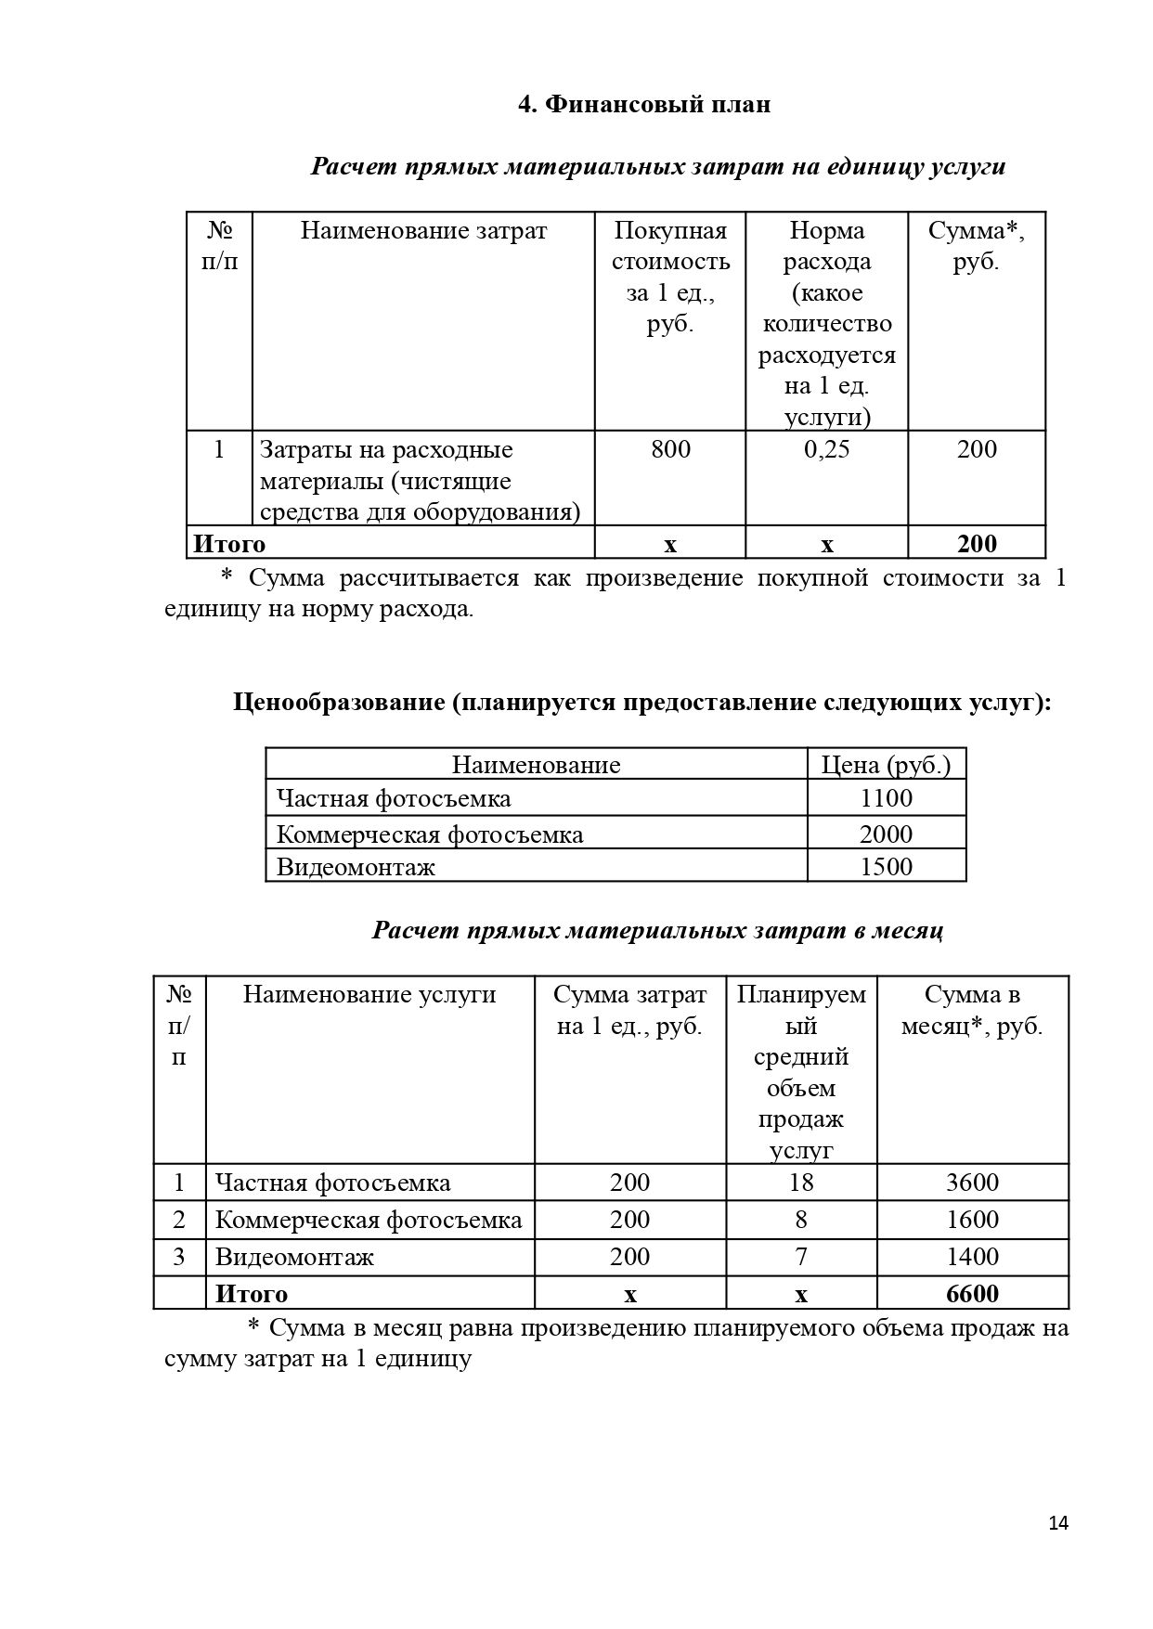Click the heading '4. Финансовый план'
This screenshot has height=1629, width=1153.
(x=643, y=104)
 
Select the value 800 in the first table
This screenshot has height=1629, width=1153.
(x=670, y=450)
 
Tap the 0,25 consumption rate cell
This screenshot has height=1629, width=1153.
(x=826, y=450)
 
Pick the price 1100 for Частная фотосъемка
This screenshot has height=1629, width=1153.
(x=886, y=798)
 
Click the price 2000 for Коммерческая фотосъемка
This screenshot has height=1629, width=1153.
(x=886, y=834)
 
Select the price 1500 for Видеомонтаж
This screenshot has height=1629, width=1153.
(x=886, y=867)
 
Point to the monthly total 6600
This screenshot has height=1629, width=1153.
(x=972, y=1294)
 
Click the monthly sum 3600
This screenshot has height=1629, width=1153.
(x=972, y=1183)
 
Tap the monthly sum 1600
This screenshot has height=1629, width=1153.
(x=972, y=1220)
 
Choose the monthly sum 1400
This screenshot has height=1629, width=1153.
(x=972, y=1257)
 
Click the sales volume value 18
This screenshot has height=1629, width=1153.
(x=800, y=1183)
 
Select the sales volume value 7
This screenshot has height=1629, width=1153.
(x=800, y=1257)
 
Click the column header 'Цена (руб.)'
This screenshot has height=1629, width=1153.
(x=886, y=765)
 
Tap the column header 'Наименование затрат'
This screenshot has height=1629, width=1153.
(x=423, y=230)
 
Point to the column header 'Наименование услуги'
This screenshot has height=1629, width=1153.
(x=369, y=995)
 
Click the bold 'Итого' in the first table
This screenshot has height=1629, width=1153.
(x=228, y=544)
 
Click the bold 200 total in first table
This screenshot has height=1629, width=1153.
(x=976, y=544)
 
